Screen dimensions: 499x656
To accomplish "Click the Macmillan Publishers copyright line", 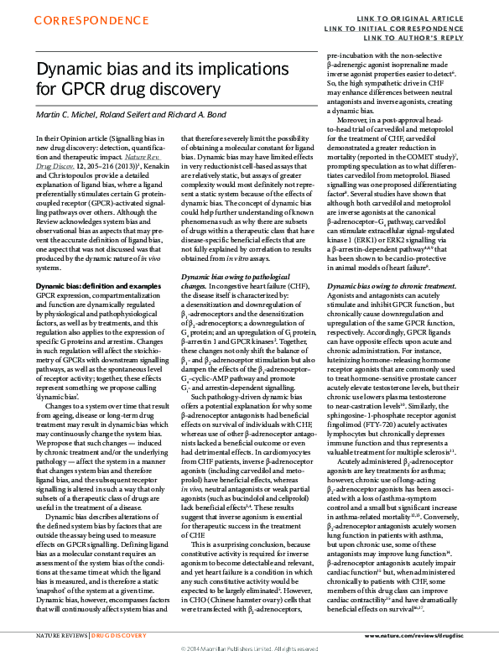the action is coord(249,649).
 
